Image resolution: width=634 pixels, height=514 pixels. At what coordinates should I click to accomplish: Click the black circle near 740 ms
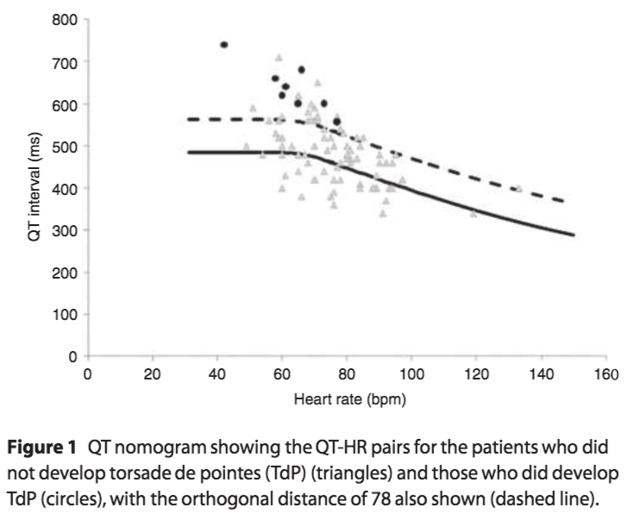pos(223,45)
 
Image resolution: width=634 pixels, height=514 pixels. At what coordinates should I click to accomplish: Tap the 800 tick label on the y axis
pos(68,19)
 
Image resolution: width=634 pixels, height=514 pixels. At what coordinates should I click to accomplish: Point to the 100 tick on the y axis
pos(68,315)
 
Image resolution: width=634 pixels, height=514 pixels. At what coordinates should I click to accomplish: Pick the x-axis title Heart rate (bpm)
pos(348,399)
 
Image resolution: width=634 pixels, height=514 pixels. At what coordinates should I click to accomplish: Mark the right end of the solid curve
pos(573,234)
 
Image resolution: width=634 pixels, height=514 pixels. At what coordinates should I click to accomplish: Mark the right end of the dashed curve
pos(563,201)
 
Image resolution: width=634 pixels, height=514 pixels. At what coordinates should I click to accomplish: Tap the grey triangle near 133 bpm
pos(518,187)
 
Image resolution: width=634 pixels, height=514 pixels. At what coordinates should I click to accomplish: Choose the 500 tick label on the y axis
pos(68,146)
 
